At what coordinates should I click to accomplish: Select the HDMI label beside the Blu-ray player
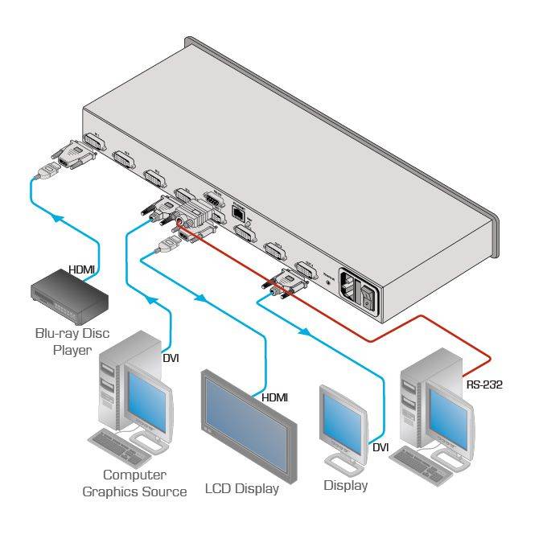click(81, 269)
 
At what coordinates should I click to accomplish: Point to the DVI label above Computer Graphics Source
click(171, 357)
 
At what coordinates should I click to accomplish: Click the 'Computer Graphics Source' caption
click(134, 483)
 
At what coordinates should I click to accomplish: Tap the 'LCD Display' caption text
click(241, 488)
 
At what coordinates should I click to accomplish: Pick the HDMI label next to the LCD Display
click(274, 397)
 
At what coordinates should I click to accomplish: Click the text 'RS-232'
click(484, 385)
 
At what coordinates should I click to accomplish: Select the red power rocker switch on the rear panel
click(368, 294)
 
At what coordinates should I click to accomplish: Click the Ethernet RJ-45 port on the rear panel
click(239, 212)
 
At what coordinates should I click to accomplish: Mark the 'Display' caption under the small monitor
click(345, 485)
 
